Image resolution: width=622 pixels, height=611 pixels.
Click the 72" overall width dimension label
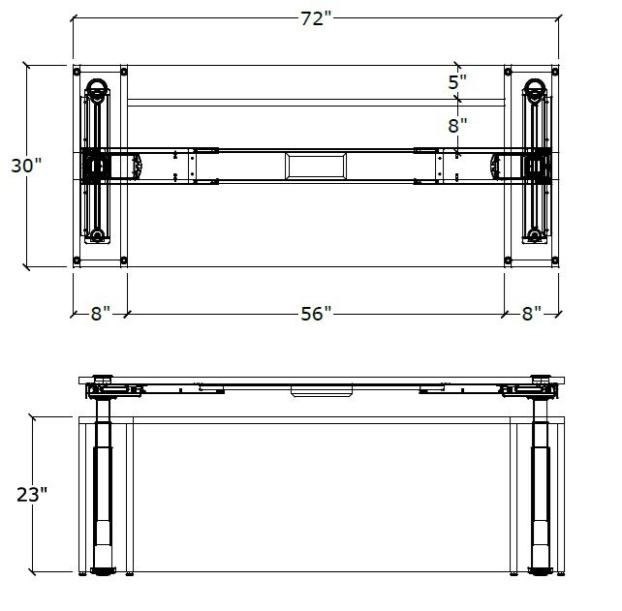[316, 18]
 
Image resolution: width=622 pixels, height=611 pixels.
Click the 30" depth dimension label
[26, 166]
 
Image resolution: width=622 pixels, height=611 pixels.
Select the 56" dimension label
[316, 314]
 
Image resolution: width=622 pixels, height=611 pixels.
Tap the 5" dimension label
[457, 82]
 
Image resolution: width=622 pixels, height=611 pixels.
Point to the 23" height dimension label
[32, 495]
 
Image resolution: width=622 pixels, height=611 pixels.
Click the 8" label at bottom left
[101, 314]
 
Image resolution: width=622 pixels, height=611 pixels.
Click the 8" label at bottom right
[532, 314]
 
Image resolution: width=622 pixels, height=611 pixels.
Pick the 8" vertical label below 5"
[457, 126]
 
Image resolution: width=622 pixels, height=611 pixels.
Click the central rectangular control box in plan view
[316, 167]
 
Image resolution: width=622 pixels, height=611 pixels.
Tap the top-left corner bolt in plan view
[77, 72]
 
